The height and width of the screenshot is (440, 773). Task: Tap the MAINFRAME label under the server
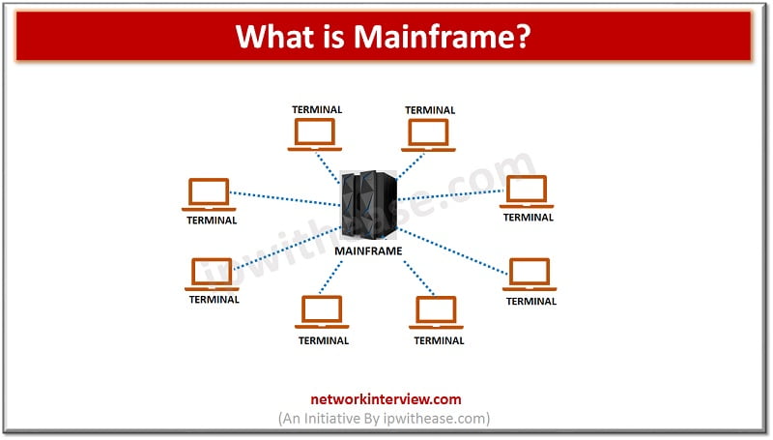pos(367,250)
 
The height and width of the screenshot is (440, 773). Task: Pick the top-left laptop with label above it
pos(316,134)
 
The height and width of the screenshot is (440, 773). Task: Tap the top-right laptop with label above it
pos(429,134)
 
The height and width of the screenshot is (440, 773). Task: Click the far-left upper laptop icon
pos(210,194)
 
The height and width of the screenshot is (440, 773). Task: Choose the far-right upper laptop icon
pos(527,191)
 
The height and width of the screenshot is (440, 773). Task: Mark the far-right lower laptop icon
pos(530,275)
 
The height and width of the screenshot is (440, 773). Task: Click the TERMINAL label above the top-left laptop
pos(317,109)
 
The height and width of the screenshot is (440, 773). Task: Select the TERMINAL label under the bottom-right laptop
pos(439,340)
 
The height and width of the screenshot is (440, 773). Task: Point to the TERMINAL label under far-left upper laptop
pos(211,220)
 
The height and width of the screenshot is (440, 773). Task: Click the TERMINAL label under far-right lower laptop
pos(531,301)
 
